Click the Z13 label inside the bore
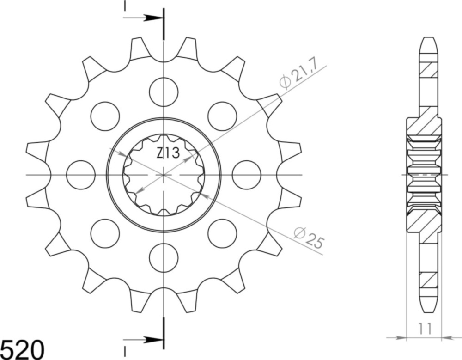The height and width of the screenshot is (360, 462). coord(167,153)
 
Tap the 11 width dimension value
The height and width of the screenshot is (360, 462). coord(425,329)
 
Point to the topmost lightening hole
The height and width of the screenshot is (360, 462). coord(164,92)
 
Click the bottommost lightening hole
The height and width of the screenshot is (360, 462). coord(164,257)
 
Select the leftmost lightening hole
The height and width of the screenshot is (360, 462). coord(81,175)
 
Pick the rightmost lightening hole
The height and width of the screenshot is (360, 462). coord(246,175)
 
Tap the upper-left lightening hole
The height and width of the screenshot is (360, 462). coord(105,116)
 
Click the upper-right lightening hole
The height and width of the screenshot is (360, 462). coord(222,116)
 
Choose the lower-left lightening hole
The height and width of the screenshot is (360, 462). coord(105,233)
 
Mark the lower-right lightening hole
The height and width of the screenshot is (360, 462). coord(222,233)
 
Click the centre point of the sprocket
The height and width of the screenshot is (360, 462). coord(164,175)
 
